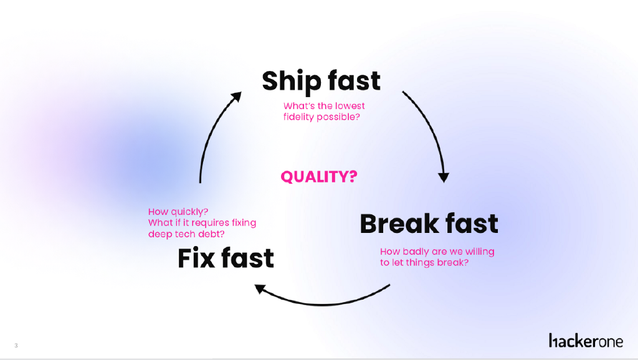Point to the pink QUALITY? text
point(319,177)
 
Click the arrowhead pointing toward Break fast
point(444,177)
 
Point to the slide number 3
point(16,346)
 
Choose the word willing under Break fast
point(478,252)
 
